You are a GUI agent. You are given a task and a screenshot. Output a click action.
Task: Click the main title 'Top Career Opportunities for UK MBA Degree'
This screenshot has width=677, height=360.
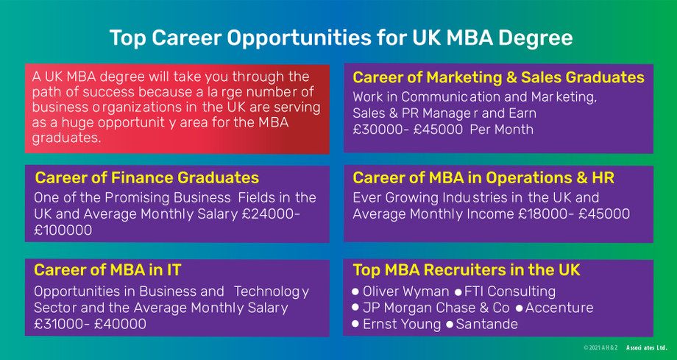(x=341, y=38)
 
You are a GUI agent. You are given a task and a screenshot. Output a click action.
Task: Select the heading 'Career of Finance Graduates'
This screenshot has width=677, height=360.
(x=146, y=178)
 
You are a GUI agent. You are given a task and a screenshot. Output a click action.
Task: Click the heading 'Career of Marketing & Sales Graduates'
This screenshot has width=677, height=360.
(x=498, y=77)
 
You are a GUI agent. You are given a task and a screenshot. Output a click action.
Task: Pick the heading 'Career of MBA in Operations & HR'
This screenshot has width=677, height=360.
(x=483, y=178)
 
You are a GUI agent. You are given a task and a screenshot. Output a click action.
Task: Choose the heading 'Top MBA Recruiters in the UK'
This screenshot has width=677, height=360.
(x=467, y=269)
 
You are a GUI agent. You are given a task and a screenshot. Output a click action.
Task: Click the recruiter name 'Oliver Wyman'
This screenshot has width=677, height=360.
(x=405, y=292)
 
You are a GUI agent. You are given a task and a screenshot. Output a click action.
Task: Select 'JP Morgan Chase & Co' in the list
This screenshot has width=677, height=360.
(x=436, y=308)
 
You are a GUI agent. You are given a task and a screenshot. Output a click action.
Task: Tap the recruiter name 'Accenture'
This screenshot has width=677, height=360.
(x=559, y=308)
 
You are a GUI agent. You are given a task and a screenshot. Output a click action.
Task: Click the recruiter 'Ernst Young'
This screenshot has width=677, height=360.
(x=402, y=324)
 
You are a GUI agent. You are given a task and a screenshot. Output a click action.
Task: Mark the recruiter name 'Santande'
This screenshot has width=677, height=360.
(x=486, y=324)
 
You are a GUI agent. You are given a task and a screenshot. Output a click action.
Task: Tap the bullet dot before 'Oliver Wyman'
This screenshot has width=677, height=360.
(x=356, y=292)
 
